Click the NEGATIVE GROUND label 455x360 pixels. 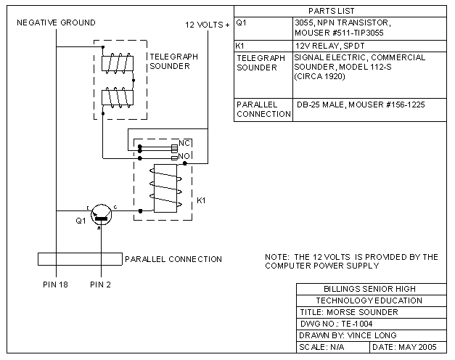(x=56, y=24)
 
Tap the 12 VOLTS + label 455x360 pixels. (x=208, y=25)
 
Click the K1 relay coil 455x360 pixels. (x=165, y=189)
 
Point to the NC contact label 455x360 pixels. (x=184, y=144)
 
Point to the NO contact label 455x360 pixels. (x=184, y=155)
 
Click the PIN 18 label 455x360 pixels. (x=55, y=284)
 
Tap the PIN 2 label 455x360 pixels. (x=101, y=284)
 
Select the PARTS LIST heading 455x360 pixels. (x=332, y=12)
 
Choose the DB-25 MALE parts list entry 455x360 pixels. (x=361, y=105)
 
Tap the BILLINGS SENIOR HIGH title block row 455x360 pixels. (x=370, y=289)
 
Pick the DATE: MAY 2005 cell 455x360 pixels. (x=404, y=347)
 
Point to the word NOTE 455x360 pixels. (x=279, y=257)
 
